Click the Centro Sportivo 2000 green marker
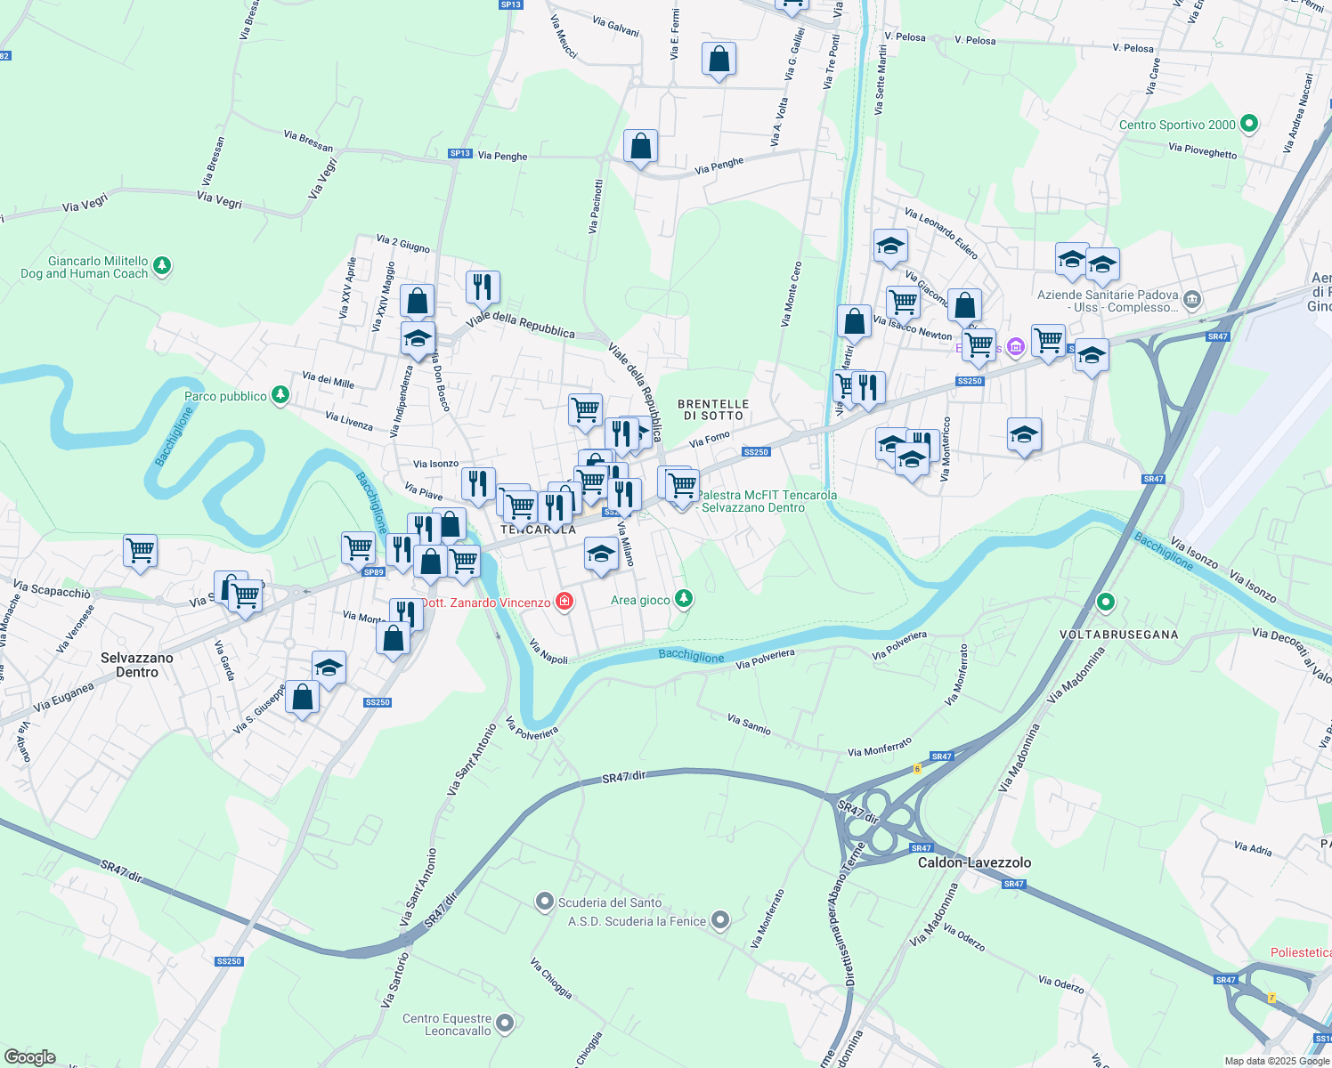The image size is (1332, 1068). tap(1248, 125)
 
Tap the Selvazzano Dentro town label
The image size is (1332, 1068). tap(137, 665)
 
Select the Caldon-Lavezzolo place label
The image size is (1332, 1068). tap(974, 862)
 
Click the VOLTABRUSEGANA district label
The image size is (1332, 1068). tap(1118, 635)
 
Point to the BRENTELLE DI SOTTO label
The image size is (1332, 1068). tap(713, 409)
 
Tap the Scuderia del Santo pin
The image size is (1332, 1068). tap(545, 902)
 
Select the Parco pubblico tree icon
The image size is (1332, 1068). tap(280, 394)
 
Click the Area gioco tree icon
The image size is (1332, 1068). tap(683, 598)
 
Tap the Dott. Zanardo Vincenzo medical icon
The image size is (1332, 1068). tap(564, 603)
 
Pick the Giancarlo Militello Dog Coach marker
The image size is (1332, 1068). tap(161, 265)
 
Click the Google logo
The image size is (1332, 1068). tap(29, 1057)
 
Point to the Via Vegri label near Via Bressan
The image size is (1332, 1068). tap(219, 200)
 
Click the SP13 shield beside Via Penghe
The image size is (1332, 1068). tap(459, 153)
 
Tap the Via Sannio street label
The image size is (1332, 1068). tap(749, 724)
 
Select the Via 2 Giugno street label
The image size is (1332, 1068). tap(402, 243)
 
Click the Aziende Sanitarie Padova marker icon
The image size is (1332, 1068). tap(1193, 299)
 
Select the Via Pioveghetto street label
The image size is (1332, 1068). tap(1202, 151)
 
